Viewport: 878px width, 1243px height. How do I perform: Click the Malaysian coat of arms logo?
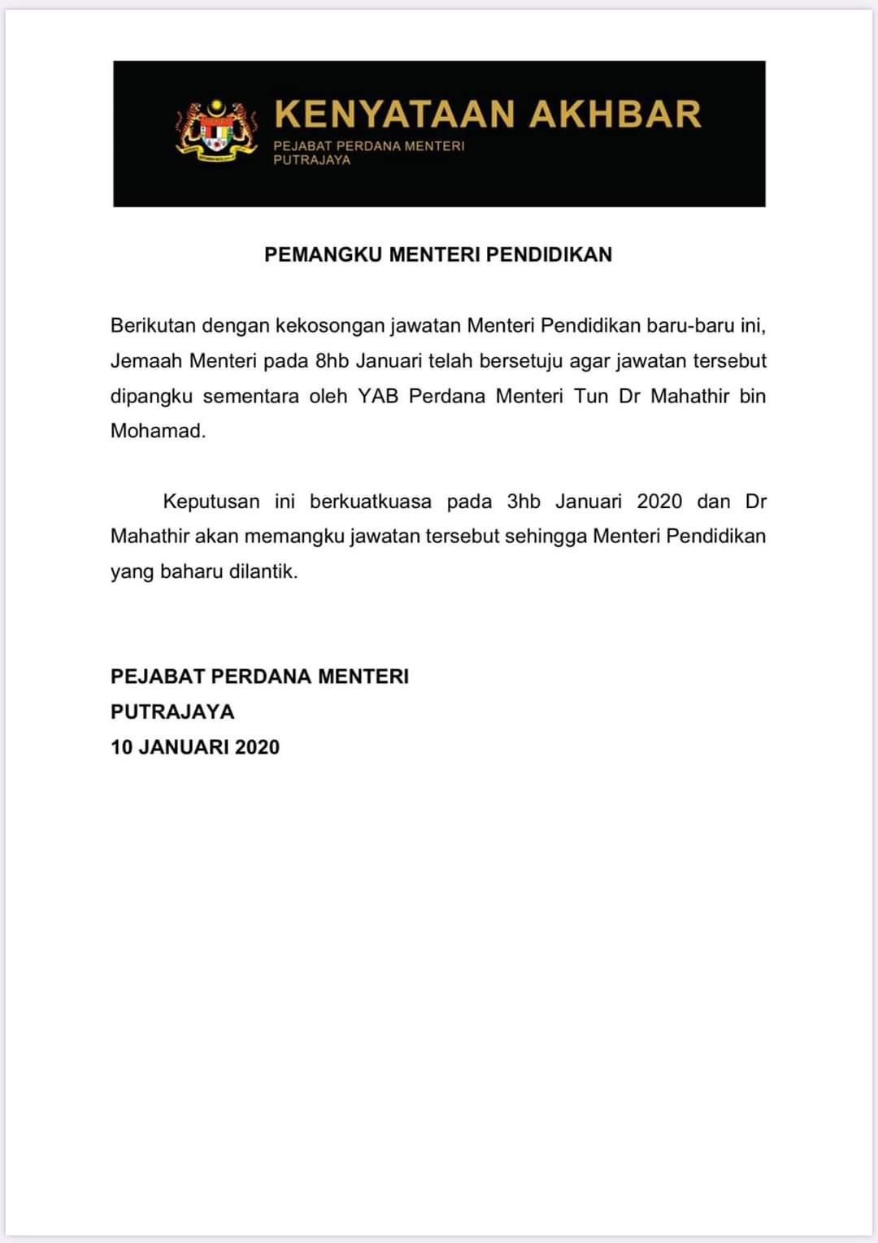tap(216, 131)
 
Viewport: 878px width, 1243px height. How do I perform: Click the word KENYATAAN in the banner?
tap(394, 114)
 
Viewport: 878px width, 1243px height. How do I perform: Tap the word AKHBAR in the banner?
tap(615, 114)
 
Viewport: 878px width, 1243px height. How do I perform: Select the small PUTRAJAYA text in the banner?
tap(311, 160)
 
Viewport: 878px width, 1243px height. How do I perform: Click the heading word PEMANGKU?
tap(324, 254)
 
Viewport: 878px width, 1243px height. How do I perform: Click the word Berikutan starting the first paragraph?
tap(153, 326)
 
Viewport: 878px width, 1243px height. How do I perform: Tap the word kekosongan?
tap(330, 326)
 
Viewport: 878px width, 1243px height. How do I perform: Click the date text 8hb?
tap(332, 361)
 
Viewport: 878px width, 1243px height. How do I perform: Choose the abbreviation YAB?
tap(378, 396)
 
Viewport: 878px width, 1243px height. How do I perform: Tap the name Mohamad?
tap(158, 431)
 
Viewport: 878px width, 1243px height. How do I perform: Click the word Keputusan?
tap(211, 501)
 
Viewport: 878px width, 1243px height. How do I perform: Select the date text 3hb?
tap(524, 501)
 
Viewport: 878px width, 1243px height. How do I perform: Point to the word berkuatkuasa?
tap(371, 501)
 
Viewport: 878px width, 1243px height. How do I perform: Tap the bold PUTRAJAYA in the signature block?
tap(172, 712)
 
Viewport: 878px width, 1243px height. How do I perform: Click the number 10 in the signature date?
tap(121, 747)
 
